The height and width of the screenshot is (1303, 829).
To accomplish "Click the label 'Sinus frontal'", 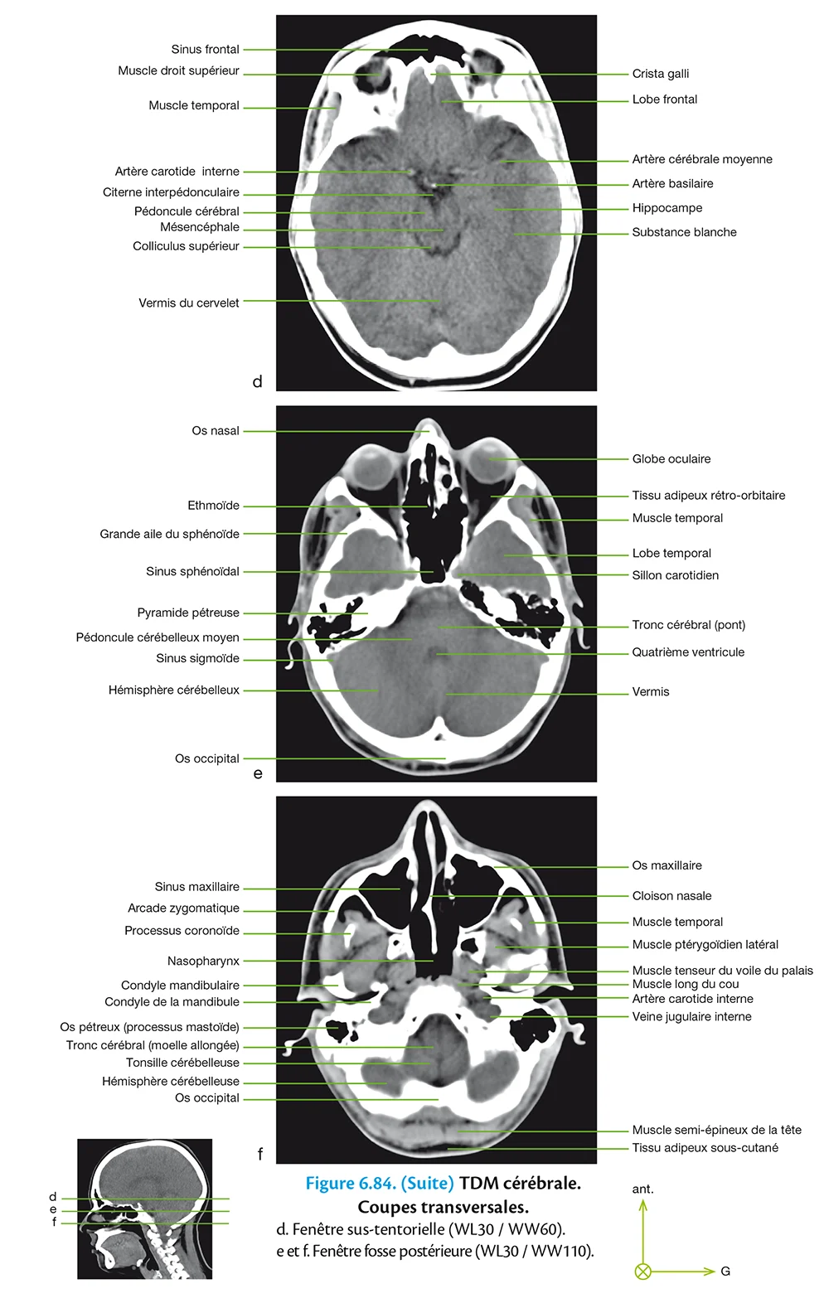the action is tap(205, 50).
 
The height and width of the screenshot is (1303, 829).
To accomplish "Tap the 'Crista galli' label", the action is tap(660, 74).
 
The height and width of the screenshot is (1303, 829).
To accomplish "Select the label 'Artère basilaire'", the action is tap(672, 184).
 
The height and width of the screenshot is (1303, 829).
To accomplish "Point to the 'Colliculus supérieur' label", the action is tap(186, 246).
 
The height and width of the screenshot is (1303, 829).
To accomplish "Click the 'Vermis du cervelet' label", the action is tap(188, 303).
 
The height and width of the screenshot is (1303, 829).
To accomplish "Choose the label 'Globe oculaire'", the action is tap(671, 459).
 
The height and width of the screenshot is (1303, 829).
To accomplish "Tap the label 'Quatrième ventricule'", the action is tap(688, 652).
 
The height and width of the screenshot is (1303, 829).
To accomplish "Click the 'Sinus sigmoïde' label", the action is tap(197, 659).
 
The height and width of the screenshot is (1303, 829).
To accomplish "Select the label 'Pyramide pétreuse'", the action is tap(188, 613).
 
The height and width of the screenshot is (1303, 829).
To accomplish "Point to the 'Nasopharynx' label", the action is tap(203, 962).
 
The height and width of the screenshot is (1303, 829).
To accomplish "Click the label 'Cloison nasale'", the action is tap(671, 896).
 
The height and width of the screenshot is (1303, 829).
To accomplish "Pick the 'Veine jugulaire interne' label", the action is tap(691, 1017).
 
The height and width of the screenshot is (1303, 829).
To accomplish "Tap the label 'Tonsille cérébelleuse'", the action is tap(182, 1063).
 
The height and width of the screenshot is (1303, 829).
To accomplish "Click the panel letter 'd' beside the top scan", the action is tap(257, 382).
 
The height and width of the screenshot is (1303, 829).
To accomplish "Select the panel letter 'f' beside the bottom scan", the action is tap(260, 1154).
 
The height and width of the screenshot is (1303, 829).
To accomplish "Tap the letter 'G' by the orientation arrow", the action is tap(725, 1272).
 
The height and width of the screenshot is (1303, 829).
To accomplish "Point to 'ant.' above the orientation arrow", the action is tap(642, 1189).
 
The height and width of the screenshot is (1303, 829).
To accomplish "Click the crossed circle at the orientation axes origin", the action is tap(642, 1272).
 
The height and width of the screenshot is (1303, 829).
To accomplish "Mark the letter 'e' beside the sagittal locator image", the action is tap(53, 1209).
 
